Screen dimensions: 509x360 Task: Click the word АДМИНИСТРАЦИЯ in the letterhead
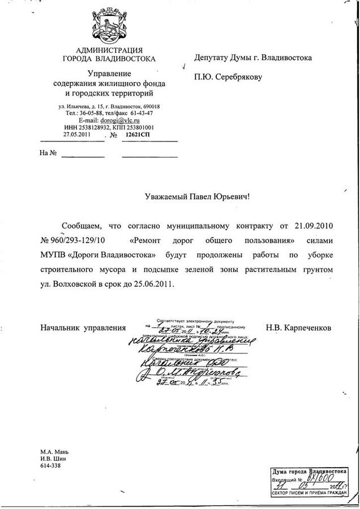click(x=109, y=50)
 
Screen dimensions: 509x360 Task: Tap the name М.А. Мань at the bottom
click(x=53, y=452)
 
